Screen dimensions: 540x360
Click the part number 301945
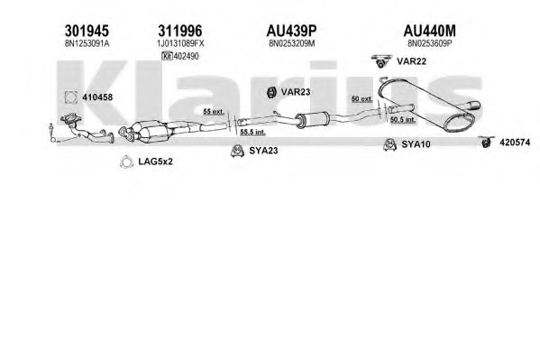point(87,31)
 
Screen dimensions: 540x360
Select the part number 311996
point(180,31)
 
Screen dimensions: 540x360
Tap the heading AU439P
point(291,31)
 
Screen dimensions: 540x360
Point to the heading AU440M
point(429,31)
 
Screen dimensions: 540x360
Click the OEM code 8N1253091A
point(87,43)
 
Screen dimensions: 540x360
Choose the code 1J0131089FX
point(180,43)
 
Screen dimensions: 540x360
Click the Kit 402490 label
point(180,56)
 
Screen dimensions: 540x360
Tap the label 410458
point(97,97)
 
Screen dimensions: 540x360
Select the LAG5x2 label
point(155,162)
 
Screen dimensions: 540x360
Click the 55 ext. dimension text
point(214,111)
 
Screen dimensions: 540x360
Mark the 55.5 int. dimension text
point(252,132)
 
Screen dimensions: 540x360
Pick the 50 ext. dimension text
point(362,98)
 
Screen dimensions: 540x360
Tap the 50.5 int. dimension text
point(403,120)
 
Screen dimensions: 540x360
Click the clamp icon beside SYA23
point(237,151)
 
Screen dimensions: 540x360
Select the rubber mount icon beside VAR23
point(271,92)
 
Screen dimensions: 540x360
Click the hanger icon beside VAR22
point(381,61)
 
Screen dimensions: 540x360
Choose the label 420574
point(515,142)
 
